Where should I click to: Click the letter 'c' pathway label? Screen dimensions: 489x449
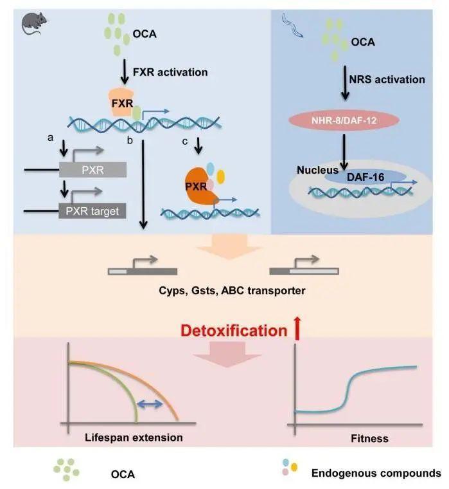coord(195,138)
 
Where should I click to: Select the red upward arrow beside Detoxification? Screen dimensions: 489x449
coord(297,330)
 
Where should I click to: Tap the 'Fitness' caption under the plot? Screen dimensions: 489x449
coord(370,439)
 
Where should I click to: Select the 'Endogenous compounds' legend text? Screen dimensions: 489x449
coord(376,473)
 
